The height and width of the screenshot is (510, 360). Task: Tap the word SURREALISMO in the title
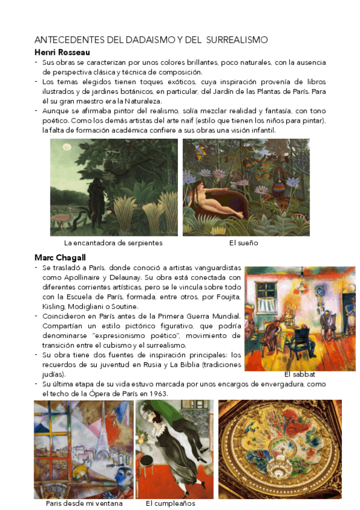point(236,40)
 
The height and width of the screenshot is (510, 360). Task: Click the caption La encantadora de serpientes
point(113,243)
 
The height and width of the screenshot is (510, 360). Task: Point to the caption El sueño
point(243,243)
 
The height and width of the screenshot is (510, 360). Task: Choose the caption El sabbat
point(300,374)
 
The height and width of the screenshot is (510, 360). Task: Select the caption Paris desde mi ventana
point(84,503)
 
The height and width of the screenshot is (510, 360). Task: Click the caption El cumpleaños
point(171,503)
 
